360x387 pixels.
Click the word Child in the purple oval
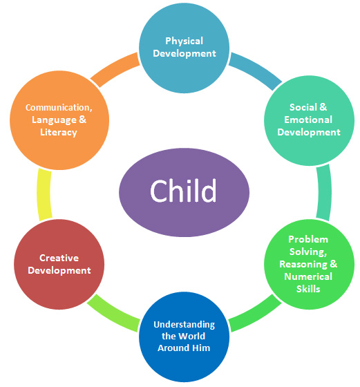(183, 191)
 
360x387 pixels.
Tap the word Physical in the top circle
(184, 41)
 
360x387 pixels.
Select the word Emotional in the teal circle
(308, 120)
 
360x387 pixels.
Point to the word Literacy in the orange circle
(59, 132)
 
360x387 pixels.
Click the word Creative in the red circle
(59, 258)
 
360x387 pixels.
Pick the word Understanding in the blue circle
(184, 325)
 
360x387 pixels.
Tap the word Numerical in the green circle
(308, 276)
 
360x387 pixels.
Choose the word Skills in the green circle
(308, 289)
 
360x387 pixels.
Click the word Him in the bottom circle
(201, 348)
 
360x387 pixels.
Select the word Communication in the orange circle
(59, 108)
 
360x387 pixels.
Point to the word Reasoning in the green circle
(303, 264)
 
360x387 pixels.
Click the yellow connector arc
(44, 194)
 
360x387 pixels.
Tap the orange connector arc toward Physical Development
(115, 69)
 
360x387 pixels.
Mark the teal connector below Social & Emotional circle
(324, 192)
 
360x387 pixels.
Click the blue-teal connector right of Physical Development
(256, 70)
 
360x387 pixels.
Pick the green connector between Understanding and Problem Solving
(255, 314)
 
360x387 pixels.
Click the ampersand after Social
(323, 107)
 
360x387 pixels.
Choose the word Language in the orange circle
(55, 120)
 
